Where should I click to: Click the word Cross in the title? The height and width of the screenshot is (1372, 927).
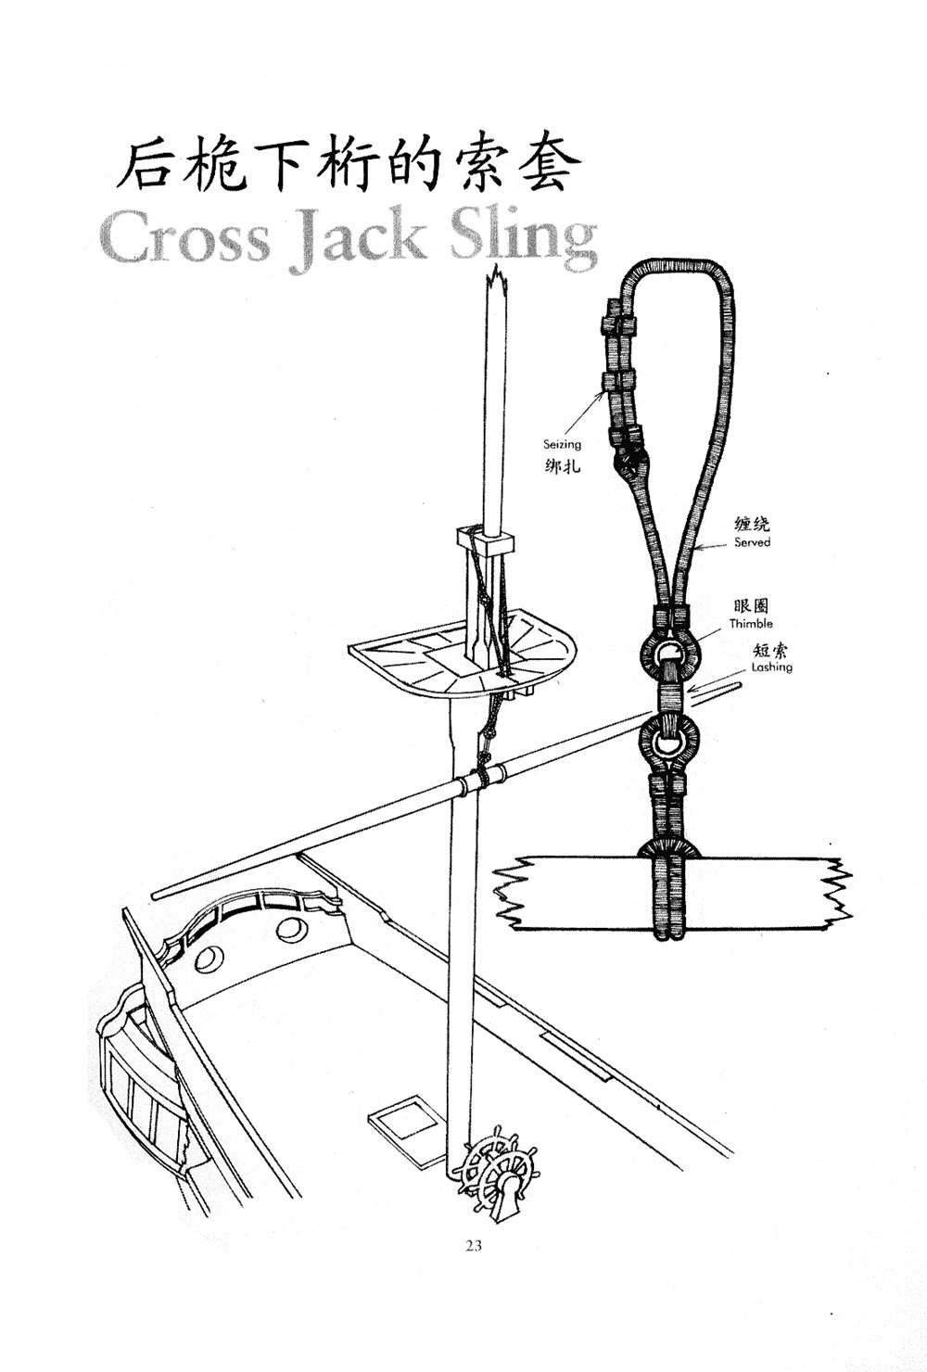pos(185,238)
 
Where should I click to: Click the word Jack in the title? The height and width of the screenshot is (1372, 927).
pos(359,238)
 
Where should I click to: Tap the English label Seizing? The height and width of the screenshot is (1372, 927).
pos(562,445)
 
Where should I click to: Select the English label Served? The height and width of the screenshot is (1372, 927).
pos(752,542)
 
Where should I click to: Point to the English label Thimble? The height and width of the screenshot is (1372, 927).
pos(751,624)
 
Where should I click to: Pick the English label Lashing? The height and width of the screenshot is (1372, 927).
pos(771,667)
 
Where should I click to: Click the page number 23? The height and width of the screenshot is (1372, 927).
pos(473,1245)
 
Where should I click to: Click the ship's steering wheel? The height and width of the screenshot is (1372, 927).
pos(497,1166)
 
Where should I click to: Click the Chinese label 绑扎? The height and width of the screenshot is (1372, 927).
pos(562,464)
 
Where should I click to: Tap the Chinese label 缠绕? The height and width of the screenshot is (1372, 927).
pos(753,525)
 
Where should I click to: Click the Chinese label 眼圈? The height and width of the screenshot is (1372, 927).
pos(751,607)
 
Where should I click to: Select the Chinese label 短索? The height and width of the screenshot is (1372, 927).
pos(771,650)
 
